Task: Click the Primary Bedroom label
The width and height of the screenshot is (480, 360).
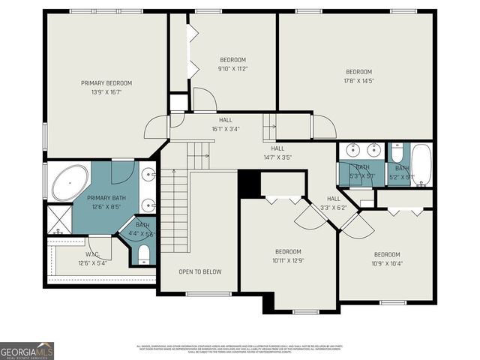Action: (x=106, y=82)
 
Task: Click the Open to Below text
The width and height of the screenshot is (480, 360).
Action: (x=199, y=271)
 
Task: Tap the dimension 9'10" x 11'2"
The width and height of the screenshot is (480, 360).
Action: (x=232, y=68)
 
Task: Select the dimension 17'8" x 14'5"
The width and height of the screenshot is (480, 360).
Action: (x=358, y=80)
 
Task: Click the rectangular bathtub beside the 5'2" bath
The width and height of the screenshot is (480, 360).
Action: (x=421, y=165)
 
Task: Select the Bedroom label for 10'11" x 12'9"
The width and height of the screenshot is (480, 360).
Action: (x=288, y=251)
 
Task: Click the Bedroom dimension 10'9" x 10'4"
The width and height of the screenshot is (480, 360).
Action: (x=388, y=262)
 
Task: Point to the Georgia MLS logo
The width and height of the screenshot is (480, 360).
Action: (x=27, y=350)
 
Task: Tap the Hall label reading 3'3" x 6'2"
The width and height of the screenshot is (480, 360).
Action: (x=334, y=199)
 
